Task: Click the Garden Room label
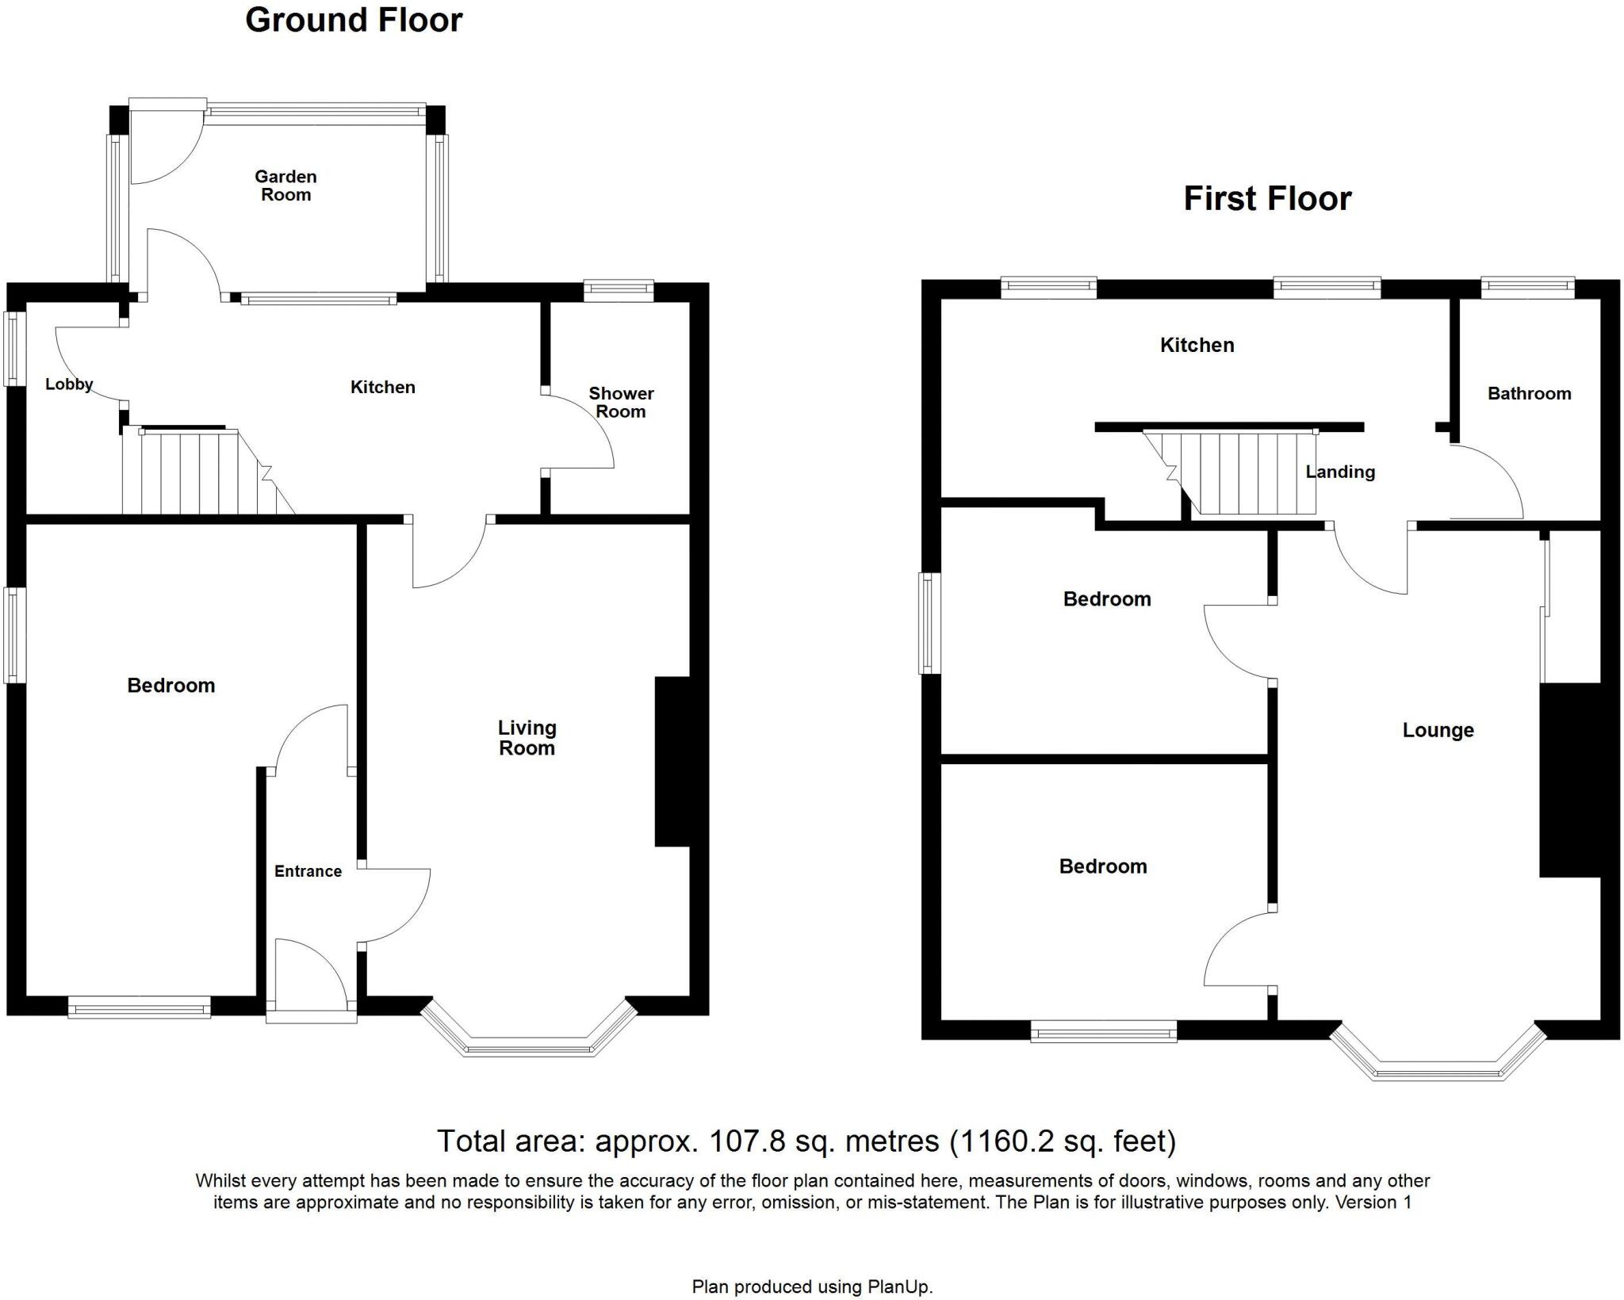(x=285, y=185)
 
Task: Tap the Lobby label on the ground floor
(x=69, y=384)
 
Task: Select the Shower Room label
(x=621, y=403)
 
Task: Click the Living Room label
(x=527, y=738)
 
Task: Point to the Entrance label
(x=308, y=871)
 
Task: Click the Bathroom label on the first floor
(x=1529, y=393)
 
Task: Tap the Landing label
(x=1340, y=472)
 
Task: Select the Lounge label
(x=1438, y=730)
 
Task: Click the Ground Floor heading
(x=354, y=21)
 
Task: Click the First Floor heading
(x=1267, y=199)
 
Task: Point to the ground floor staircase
(x=198, y=472)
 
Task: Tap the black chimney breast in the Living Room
(x=672, y=761)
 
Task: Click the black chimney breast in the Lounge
(x=1569, y=780)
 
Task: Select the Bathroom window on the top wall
(x=1528, y=287)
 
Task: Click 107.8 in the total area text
(x=746, y=1141)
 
